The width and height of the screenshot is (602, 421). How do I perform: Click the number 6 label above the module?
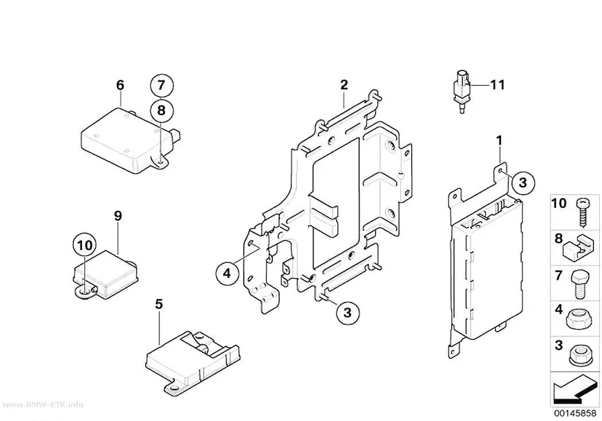(x=120, y=85)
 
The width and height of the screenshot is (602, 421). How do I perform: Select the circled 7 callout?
(x=161, y=85)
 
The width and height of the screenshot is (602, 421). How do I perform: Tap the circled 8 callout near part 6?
(x=161, y=111)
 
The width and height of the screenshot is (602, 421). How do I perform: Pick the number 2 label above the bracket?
(x=343, y=85)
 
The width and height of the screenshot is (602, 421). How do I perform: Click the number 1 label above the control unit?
(x=499, y=141)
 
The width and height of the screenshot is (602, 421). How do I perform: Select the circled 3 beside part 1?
(x=523, y=183)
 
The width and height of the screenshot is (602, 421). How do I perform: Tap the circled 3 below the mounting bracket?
(x=347, y=313)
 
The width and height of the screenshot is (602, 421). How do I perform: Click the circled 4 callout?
(x=227, y=273)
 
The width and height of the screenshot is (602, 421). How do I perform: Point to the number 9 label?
(x=118, y=216)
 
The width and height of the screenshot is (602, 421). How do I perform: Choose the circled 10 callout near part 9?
(x=84, y=245)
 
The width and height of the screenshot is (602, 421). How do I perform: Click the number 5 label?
(x=159, y=304)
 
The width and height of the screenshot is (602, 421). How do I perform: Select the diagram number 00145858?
(x=574, y=414)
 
